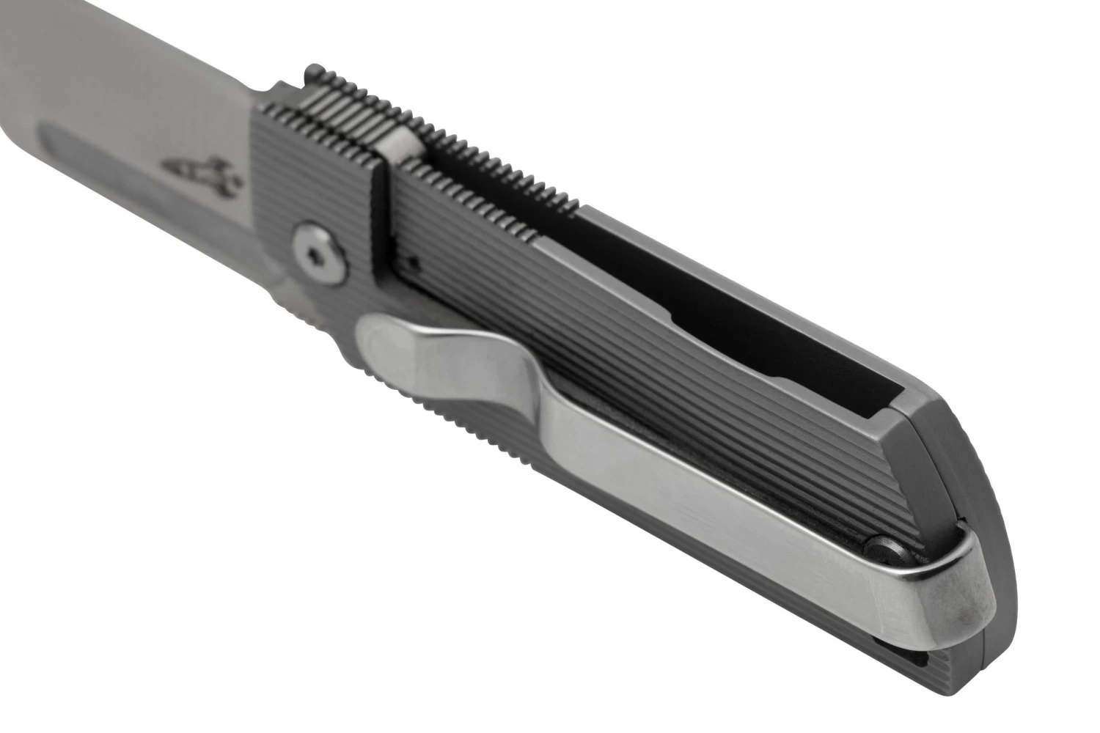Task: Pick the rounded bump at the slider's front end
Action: pos(312,73)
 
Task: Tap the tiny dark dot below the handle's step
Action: pos(412,259)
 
